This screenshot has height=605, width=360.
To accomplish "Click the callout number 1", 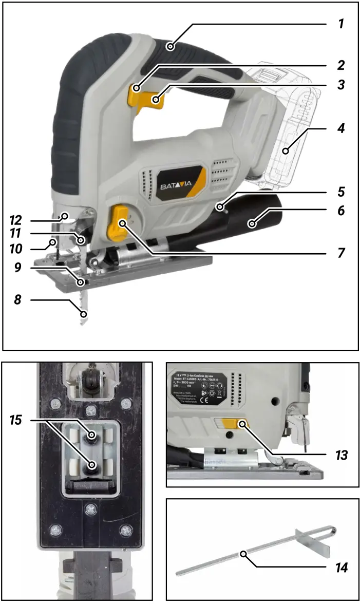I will (340, 24).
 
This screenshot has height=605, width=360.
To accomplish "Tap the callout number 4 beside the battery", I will (340, 128).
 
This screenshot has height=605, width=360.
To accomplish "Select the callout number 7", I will (340, 253).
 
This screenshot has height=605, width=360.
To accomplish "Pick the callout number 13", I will (340, 456).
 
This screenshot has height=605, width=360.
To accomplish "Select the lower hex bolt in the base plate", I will (93, 465).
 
